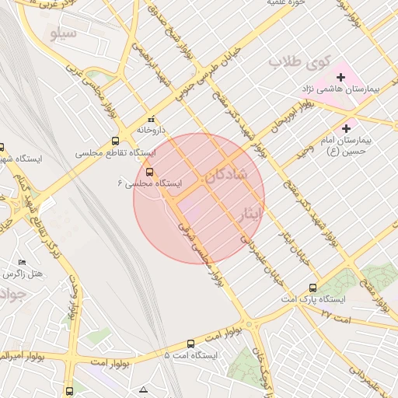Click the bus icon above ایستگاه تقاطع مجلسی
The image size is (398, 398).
point(116,141)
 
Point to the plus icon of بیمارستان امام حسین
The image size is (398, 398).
point(346,127)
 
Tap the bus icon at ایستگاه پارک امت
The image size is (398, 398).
point(313,287)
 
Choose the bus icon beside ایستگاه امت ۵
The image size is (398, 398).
point(191,343)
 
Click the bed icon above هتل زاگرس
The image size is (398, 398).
point(23,262)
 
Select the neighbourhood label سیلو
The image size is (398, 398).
point(63,34)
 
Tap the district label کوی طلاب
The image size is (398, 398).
point(299,61)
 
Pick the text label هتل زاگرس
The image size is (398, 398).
point(22,274)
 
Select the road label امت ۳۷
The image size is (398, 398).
point(337,315)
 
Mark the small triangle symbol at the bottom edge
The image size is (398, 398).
point(143,389)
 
